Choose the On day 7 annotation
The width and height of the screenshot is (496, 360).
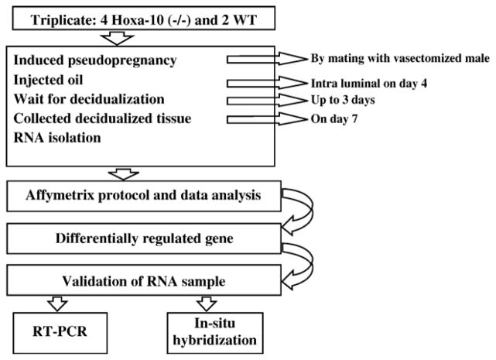tap(328, 119)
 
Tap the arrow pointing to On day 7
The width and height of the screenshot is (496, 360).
tap(255, 119)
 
